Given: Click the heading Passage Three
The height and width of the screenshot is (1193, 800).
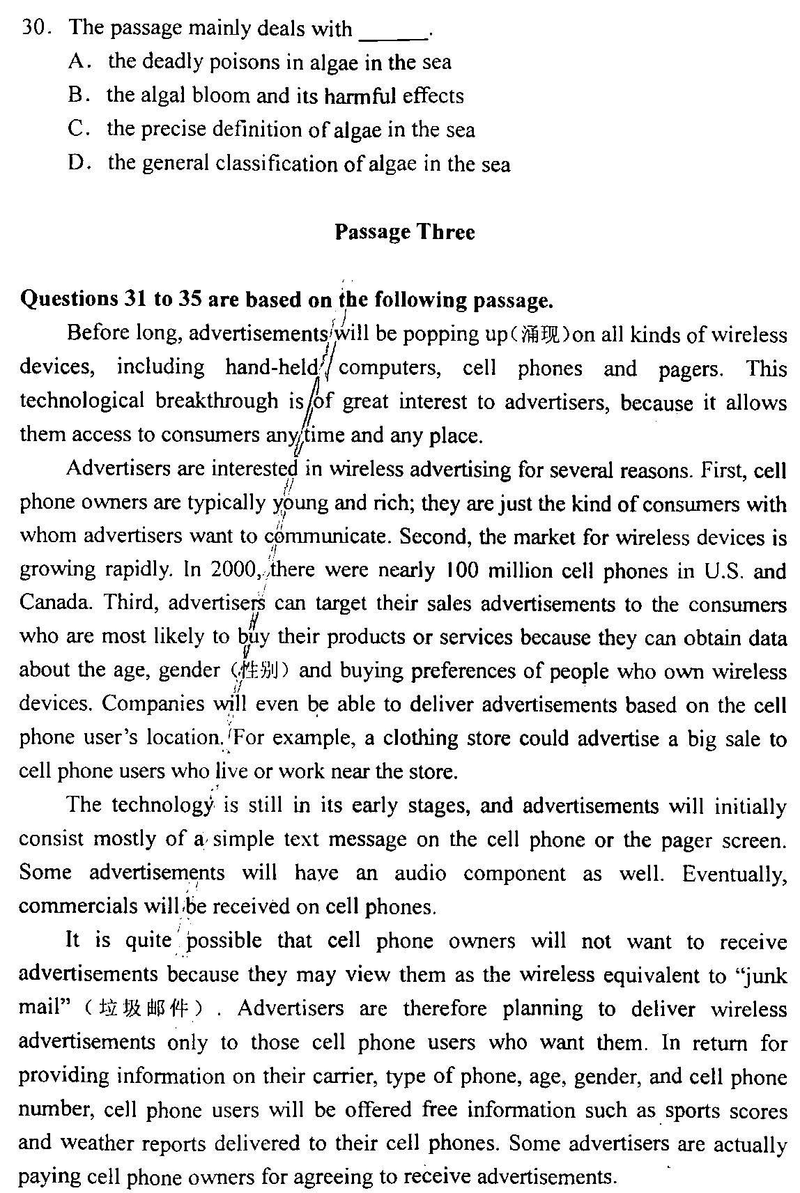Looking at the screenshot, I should coord(404,231).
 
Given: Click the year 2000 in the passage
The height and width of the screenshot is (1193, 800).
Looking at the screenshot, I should coord(233,569).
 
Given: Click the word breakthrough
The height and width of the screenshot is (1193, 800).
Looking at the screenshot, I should coord(217,401).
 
